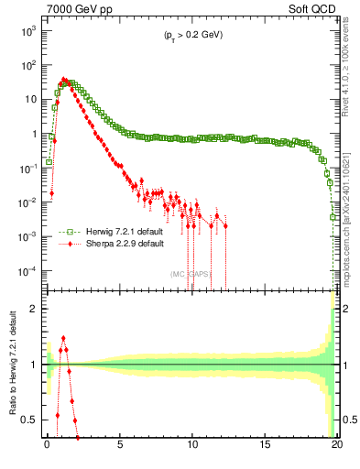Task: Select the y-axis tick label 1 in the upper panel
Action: click(36, 134)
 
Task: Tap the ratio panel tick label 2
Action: click(36, 309)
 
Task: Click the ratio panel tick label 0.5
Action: click(32, 420)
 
